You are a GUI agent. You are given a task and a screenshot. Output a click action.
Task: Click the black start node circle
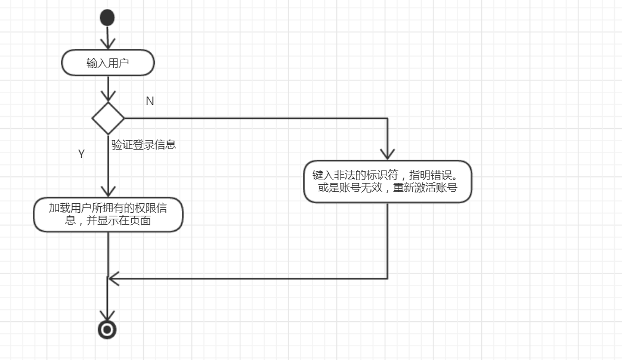(107, 18)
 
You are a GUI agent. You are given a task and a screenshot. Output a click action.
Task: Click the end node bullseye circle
(107, 329)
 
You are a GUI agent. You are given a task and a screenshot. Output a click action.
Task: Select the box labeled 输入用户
(108, 63)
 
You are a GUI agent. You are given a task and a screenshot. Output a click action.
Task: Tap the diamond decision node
(108, 118)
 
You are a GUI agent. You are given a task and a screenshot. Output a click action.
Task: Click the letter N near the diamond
(150, 101)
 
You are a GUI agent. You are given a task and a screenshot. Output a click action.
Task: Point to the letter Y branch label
(82, 154)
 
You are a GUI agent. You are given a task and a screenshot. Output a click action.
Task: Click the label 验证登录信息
(144, 144)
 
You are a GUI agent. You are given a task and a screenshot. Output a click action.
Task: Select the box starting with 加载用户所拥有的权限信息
(108, 215)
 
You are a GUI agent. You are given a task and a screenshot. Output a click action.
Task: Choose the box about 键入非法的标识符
(388, 181)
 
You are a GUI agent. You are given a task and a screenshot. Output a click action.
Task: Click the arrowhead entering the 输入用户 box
(107, 45)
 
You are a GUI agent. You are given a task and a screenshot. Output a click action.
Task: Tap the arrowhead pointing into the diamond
(108, 97)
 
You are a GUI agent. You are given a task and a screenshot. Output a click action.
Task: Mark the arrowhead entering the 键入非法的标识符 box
(388, 155)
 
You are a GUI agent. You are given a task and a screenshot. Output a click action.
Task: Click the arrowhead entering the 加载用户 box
(108, 192)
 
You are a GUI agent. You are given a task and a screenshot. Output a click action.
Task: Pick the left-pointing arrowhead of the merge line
(112, 278)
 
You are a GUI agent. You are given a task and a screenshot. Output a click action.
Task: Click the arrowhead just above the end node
(107, 316)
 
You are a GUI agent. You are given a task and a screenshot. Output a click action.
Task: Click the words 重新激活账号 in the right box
(425, 188)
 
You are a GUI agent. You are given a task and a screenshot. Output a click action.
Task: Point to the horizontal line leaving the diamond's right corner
(250, 118)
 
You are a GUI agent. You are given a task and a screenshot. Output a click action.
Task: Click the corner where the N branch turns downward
(388, 118)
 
